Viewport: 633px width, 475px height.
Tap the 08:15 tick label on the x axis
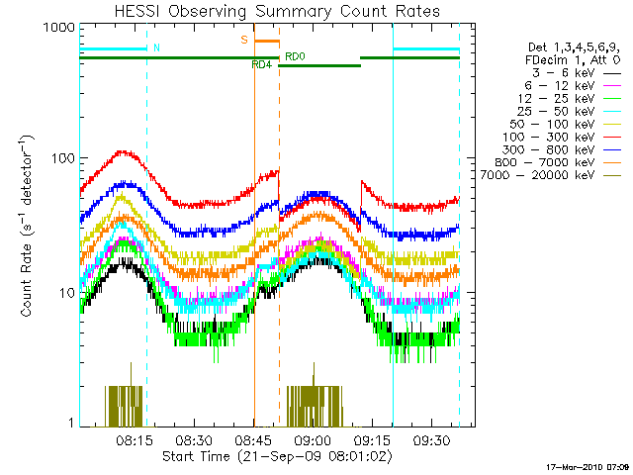pyautogui.click(x=133, y=438)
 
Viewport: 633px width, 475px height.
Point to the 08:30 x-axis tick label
pyautogui.click(x=194, y=438)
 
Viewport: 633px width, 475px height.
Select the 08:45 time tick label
pyautogui.click(x=254, y=438)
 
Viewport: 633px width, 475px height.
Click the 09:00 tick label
pyautogui.click(x=314, y=438)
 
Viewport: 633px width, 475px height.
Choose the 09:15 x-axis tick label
pyautogui.click(x=374, y=438)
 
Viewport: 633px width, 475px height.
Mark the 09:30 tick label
pyautogui.click(x=434, y=438)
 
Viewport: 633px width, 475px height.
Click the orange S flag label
pyautogui.click(x=243, y=41)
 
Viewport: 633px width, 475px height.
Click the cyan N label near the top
pyautogui.click(x=156, y=47)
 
